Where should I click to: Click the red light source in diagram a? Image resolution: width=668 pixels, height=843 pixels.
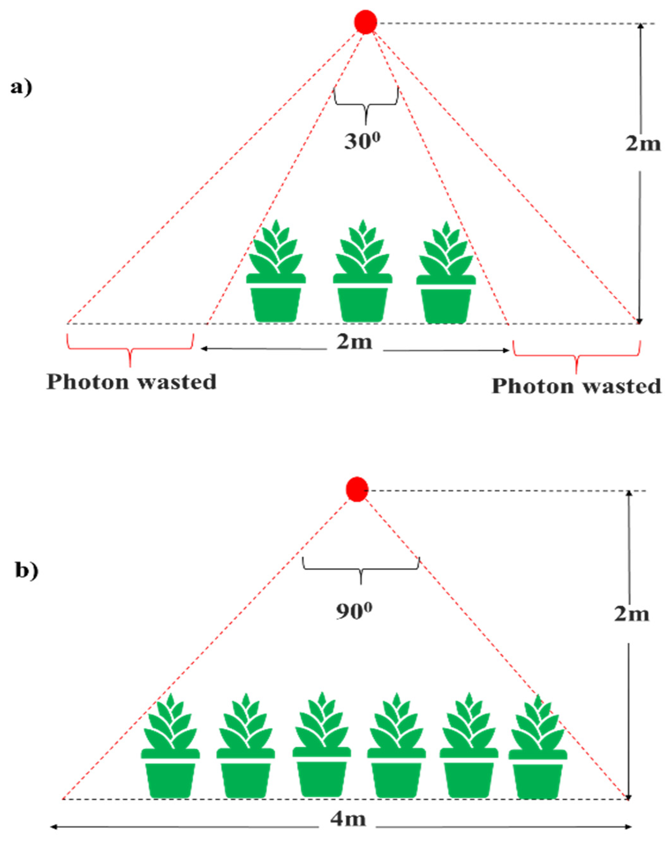365,22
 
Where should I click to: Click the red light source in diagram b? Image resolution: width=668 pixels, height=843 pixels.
357,489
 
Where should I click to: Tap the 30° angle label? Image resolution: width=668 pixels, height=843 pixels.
362,141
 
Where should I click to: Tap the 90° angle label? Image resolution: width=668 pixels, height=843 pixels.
354,611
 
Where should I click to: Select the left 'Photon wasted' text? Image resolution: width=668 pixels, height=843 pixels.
131,382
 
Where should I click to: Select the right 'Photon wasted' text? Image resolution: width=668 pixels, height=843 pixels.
576,386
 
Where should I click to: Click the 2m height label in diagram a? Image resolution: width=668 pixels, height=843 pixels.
643,144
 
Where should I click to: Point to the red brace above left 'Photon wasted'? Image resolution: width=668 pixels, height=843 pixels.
130,346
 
